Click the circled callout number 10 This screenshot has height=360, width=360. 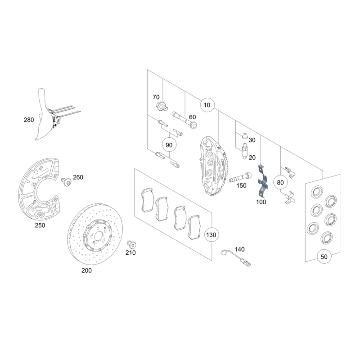pyautogui.click(x=207, y=105)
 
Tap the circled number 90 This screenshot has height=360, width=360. pyautogui.click(x=169, y=145)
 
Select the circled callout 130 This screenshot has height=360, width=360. pyautogui.click(x=211, y=235)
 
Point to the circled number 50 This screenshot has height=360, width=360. pyautogui.click(x=324, y=256)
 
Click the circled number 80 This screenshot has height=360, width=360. pyautogui.click(x=280, y=183)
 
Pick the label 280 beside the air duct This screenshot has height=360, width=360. pyautogui.click(x=29, y=120)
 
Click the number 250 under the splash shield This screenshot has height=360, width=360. pyautogui.click(x=40, y=225)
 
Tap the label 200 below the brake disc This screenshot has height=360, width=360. pyautogui.click(x=86, y=270)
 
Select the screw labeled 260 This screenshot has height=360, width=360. pyautogui.click(x=66, y=182)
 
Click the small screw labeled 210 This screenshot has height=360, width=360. pyautogui.click(x=131, y=244)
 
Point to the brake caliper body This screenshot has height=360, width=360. pyautogui.click(x=213, y=166)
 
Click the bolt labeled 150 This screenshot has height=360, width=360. pyautogui.click(x=240, y=177)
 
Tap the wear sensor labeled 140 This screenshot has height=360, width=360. pyautogui.click(x=235, y=257)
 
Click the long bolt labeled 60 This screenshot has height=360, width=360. pyautogui.click(x=184, y=120)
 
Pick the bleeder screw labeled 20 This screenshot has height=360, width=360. pyautogui.click(x=245, y=151)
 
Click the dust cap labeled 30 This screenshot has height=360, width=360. pyautogui.click(x=245, y=136)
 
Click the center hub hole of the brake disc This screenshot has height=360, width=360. pyautogui.click(x=99, y=235)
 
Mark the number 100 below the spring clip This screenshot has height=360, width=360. pyautogui.click(x=261, y=202)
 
